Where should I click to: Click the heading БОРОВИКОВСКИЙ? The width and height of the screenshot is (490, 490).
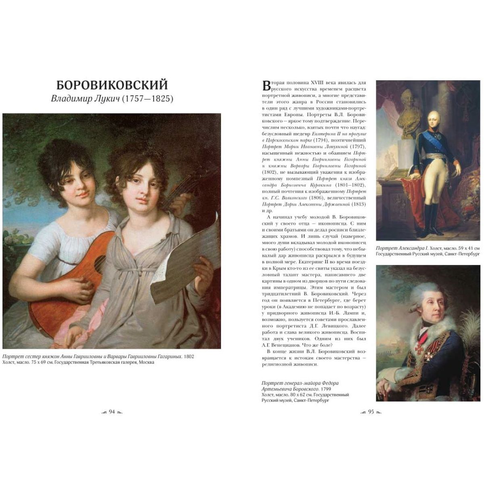click(112, 85)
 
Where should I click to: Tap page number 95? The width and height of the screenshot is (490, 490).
click(371, 412)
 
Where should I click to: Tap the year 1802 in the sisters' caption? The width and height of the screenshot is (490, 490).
click(189, 357)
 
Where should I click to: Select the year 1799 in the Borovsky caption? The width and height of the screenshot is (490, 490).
click(325, 389)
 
